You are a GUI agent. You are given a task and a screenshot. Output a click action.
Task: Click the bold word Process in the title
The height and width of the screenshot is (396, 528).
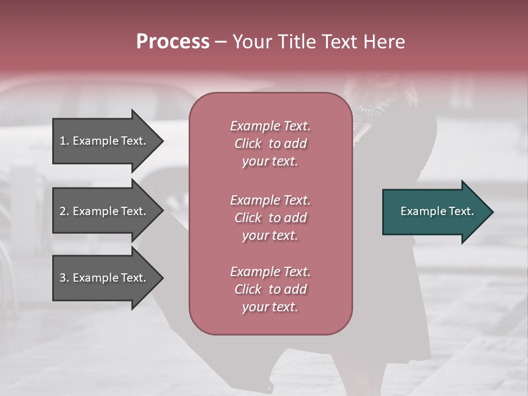pos(173,42)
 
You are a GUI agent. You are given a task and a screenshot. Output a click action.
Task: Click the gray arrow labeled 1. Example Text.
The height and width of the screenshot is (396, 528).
pos(105,141)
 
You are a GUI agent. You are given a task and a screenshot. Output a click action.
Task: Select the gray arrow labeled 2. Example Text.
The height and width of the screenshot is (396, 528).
pos(105,211)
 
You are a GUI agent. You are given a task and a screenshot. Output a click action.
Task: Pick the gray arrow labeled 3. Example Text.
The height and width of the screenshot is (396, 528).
pos(105,278)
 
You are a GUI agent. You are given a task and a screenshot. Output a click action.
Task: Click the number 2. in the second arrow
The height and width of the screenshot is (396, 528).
pos(64,211)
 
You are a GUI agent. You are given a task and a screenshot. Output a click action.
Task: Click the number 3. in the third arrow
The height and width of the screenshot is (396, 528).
pos(64,278)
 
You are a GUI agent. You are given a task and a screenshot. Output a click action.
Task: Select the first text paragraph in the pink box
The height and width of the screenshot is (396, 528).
pos(270,144)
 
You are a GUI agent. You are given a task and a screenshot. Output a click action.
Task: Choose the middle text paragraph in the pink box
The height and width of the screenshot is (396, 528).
pos(270,218)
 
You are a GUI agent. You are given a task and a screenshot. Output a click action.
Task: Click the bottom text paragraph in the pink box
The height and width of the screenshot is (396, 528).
pos(270,289)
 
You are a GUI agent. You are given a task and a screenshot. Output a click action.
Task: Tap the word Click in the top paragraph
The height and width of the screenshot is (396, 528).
pos(248,144)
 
